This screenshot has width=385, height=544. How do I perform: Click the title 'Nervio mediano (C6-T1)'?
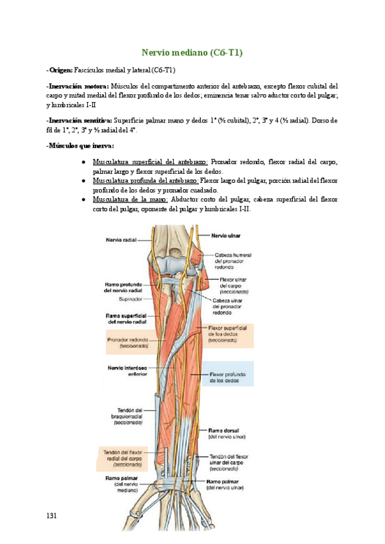[192, 53]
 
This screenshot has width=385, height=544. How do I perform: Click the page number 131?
[53, 515]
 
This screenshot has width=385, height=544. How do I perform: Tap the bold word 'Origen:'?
[62, 69]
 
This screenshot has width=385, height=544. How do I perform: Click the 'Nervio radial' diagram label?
[122, 241]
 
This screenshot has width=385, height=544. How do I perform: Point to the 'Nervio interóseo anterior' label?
[128, 371]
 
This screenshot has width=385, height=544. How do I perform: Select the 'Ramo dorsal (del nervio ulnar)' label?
[227, 433]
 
